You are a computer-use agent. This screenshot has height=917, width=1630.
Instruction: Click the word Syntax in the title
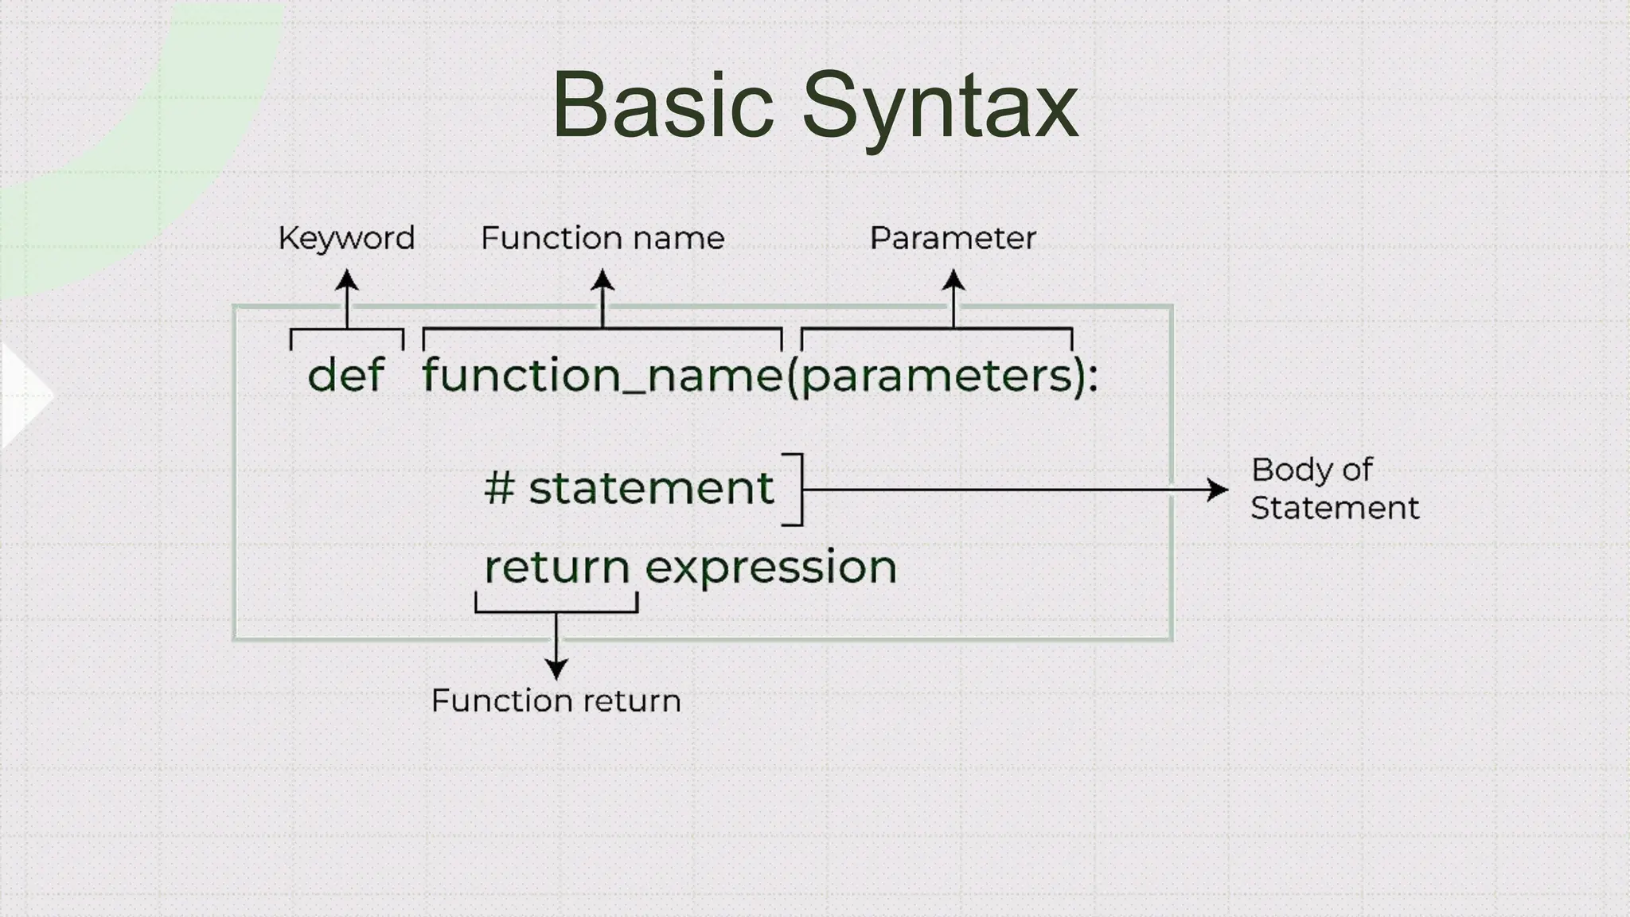939,107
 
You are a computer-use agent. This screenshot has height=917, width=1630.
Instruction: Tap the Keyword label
346,238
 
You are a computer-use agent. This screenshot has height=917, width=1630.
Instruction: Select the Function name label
602,238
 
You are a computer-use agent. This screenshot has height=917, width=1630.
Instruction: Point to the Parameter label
953,238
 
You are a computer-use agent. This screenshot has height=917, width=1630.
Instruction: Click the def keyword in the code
346,374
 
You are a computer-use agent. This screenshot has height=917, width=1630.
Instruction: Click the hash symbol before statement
499,487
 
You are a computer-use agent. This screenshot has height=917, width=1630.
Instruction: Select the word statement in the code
651,487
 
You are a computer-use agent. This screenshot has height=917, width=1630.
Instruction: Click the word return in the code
557,567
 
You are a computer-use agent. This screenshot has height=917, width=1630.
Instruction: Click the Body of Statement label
1334,489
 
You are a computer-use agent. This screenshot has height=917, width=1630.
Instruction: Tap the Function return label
556,700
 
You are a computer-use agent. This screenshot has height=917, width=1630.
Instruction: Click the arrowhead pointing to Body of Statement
1218,490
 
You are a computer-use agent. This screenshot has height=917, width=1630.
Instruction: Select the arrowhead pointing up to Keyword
346,279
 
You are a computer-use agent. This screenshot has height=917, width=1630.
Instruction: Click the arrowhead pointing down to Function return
556,669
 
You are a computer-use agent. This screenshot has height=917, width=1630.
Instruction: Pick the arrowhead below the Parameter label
953,279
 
